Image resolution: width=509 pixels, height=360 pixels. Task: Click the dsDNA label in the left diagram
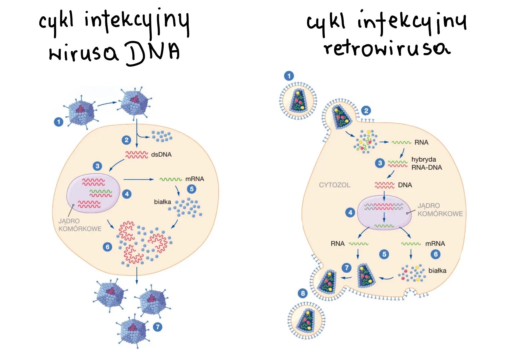(x=161, y=155)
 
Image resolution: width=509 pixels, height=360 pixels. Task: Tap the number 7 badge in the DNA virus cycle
(x=157, y=327)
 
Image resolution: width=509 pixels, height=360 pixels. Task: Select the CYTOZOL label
(x=334, y=185)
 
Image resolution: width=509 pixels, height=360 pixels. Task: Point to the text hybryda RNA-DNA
(x=426, y=163)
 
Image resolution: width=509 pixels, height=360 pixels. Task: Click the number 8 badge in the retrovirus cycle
(x=303, y=293)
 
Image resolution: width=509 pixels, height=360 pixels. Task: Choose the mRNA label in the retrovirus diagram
(x=435, y=244)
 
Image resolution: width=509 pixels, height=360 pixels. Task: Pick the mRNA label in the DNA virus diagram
(x=195, y=179)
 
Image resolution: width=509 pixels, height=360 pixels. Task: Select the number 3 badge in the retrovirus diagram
(x=380, y=163)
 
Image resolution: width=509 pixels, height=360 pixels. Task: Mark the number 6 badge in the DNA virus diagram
(x=107, y=247)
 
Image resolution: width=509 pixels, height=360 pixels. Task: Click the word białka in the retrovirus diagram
(x=437, y=271)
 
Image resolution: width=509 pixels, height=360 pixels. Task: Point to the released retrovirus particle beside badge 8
(x=306, y=320)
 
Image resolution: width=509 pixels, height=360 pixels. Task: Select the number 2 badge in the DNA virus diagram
(x=126, y=140)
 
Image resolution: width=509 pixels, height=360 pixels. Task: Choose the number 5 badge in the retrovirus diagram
(x=384, y=254)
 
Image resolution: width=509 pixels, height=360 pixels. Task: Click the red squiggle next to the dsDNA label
(x=136, y=155)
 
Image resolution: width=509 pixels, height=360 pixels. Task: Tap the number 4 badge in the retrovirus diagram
(x=350, y=212)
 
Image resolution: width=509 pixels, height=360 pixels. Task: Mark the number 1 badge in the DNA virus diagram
(x=59, y=122)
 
